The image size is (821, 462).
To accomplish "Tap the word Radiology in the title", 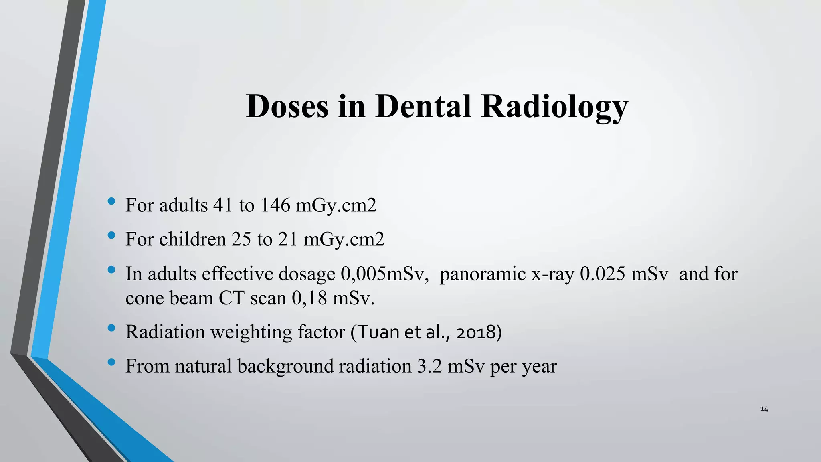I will tap(554, 107).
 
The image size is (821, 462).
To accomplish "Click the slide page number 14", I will tap(764, 409).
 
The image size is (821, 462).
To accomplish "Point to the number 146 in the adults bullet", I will tap(275, 205).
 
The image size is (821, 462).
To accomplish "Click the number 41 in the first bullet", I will tap(222, 205).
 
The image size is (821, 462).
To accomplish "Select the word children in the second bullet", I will tap(192, 239).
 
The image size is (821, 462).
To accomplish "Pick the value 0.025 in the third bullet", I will tap(603, 274).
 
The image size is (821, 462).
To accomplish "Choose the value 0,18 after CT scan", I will tap(309, 298).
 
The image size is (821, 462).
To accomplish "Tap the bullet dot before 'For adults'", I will tap(111, 201).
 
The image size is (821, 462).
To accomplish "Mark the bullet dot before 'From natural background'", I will tap(111, 362).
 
